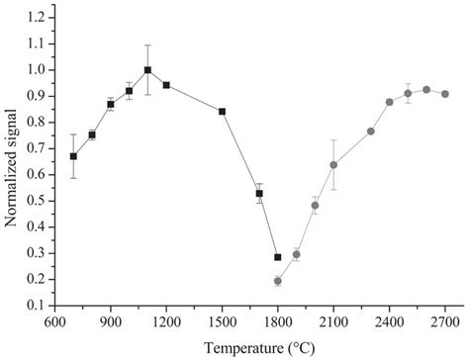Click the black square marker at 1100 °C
[x=147, y=70]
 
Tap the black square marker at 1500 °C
[x=222, y=112]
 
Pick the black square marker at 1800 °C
[x=278, y=257]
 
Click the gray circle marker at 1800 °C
[x=278, y=281]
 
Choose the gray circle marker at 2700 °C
[x=445, y=94]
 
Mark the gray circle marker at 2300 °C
[x=371, y=132]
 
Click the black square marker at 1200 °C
[x=166, y=85]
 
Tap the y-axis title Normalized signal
[x=11, y=161]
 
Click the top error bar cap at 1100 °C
[x=147, y=45]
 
